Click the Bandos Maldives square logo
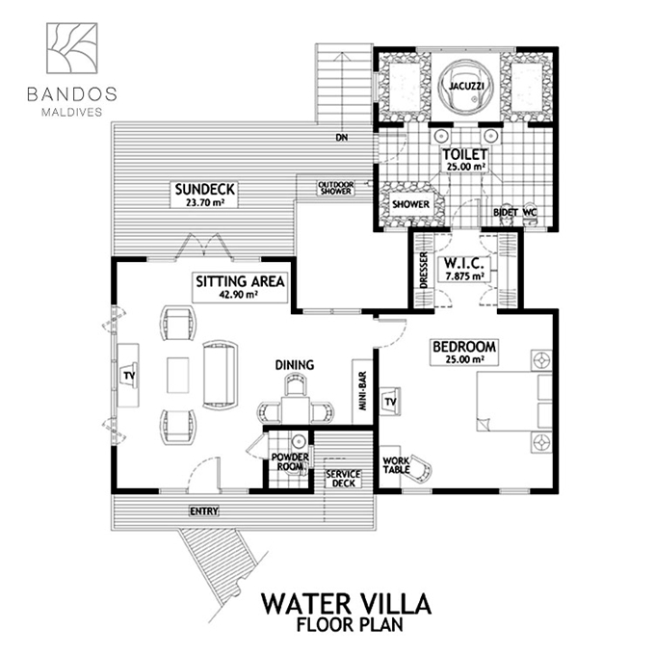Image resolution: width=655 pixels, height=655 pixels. tap(72, 48)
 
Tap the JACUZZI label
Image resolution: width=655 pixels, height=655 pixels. tap(466, 87)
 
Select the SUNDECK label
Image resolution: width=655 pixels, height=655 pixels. tap(204, 189)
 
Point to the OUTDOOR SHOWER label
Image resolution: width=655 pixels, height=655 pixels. tap(336, 188)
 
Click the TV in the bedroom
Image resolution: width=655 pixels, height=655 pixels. tap(390, 402)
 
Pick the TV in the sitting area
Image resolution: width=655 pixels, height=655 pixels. tap(129, 376)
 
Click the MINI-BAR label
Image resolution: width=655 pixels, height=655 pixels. tap(362, 390)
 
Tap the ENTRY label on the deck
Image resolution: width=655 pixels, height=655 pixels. tap(204, 511)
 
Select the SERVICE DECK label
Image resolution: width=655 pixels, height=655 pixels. tap(343, 479)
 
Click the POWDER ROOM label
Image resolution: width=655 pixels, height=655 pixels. tap(290, 461)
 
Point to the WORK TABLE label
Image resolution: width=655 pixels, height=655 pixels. tap(396, 465)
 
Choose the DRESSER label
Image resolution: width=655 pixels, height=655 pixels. tap(424, 270)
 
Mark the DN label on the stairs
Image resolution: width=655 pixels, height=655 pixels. tap(342, 137)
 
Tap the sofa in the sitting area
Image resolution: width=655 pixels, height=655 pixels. tap(221, 375)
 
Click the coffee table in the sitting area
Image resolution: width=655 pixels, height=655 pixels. tap(178, 375)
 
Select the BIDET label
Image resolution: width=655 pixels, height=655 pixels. tap(506, 212)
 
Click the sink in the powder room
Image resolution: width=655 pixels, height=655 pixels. tap(299, 441)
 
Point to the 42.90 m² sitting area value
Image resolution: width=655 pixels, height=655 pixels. tap(238, 294)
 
